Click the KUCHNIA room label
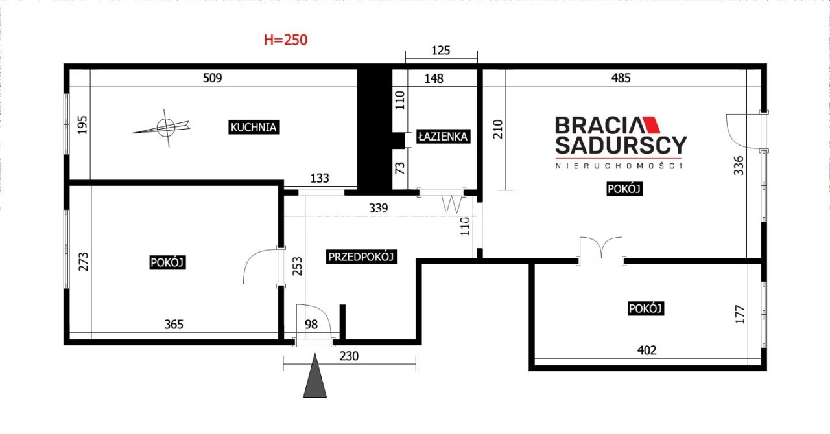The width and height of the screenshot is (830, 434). tap(254, 128)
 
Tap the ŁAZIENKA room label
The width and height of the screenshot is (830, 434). tap(443, 137)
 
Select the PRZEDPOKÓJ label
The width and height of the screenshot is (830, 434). tap(361, 257)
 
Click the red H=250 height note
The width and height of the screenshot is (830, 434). tap(285, 40)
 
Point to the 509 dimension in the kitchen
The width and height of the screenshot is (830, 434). tap(212, 78)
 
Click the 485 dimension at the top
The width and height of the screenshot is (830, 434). tap(621, 78)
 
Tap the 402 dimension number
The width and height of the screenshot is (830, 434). tap(646, 350)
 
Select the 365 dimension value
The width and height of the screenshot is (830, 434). tap(174, 325)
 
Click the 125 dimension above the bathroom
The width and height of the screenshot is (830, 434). tap(440, 51)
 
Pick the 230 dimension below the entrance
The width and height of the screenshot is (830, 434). tap(349, 356)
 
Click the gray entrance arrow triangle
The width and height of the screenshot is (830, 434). tap(315, 376)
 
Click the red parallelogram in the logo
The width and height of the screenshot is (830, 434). tap(652, 125)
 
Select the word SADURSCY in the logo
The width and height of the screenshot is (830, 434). tap(621, 145)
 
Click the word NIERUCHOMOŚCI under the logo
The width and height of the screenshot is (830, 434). tap(619, 166)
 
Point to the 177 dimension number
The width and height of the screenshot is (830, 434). tap(740, 314)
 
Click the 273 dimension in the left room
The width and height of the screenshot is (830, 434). tap(84, 262)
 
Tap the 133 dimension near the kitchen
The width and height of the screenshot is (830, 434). tap(320, 179)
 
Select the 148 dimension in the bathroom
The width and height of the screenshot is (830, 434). tap(434, 78)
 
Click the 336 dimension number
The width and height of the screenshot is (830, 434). tap(739, 166)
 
